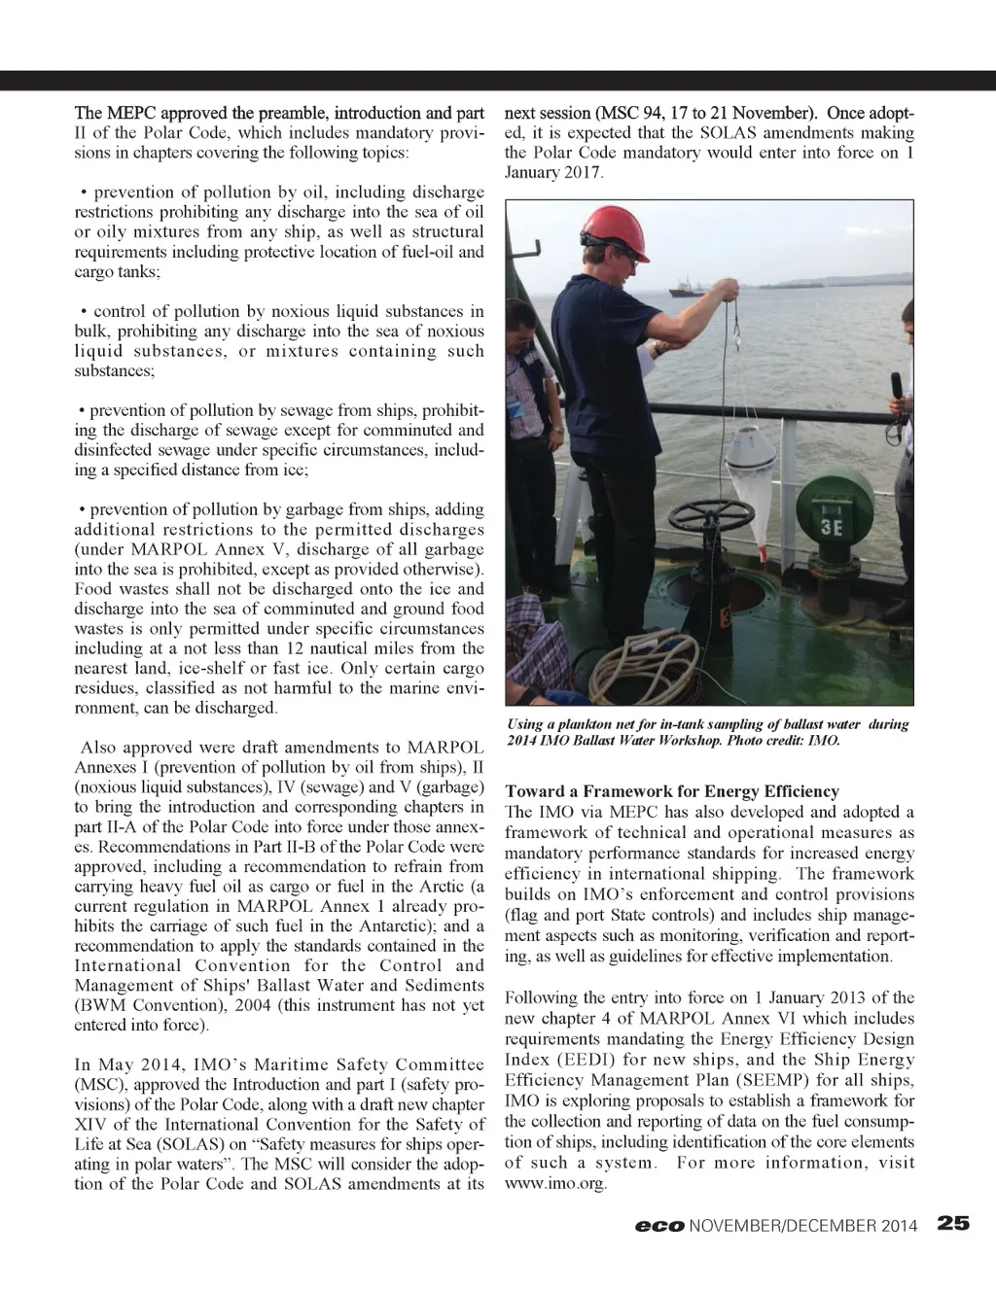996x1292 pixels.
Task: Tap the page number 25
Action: tap(953, 1224)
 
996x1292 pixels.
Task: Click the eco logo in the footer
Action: tap(658, 1226)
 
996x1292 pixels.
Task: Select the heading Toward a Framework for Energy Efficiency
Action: tap(671, 791)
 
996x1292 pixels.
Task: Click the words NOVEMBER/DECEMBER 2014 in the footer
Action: tap(803, 1226)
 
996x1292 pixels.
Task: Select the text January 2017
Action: tap(553, 173)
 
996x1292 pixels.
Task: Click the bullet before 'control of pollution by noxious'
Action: tap(85, 311)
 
